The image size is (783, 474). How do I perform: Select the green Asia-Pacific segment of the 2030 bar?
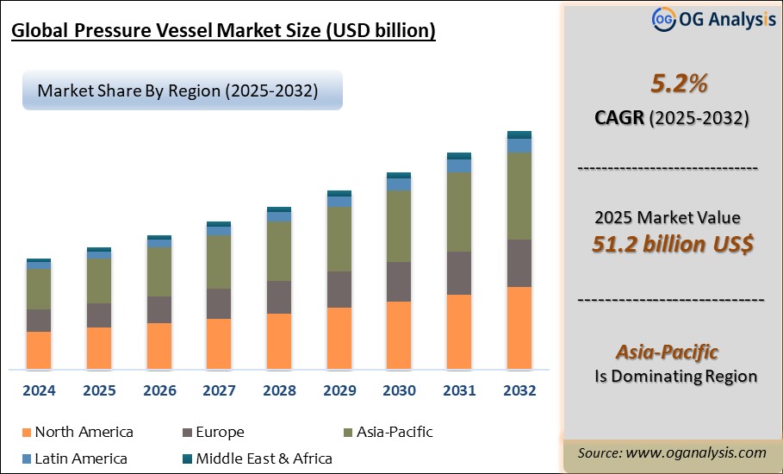399,226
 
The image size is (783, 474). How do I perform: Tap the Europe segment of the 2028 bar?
279,297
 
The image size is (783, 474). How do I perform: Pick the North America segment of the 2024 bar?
39,350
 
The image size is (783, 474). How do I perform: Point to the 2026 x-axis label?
159,390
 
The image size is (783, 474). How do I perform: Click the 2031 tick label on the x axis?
459,390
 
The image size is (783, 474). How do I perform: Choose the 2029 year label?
339,390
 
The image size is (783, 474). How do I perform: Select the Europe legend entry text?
220,433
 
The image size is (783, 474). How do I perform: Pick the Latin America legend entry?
81,458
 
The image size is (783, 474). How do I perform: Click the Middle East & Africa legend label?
264,458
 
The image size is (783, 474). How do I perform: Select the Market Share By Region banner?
182,90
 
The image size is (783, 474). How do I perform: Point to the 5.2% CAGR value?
666,84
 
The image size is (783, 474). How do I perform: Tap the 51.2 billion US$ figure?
673,244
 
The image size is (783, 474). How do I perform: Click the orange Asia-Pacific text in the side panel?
667,352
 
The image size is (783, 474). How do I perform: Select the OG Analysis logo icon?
662,18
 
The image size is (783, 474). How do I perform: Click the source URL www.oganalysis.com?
696,452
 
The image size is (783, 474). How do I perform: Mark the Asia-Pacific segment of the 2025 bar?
99,281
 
